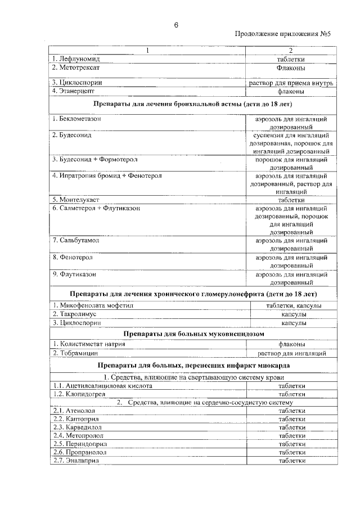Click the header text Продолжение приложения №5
[283, 35]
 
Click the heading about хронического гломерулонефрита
[193, 294]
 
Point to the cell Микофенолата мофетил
[93, 305]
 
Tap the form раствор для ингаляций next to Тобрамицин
[291, 353]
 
